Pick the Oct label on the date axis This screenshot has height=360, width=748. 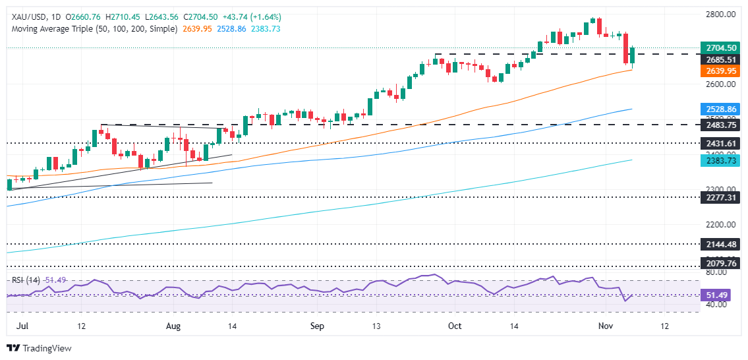point(454,326)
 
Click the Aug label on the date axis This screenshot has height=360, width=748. point(174,326)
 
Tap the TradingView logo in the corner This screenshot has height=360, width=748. point(40,348)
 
